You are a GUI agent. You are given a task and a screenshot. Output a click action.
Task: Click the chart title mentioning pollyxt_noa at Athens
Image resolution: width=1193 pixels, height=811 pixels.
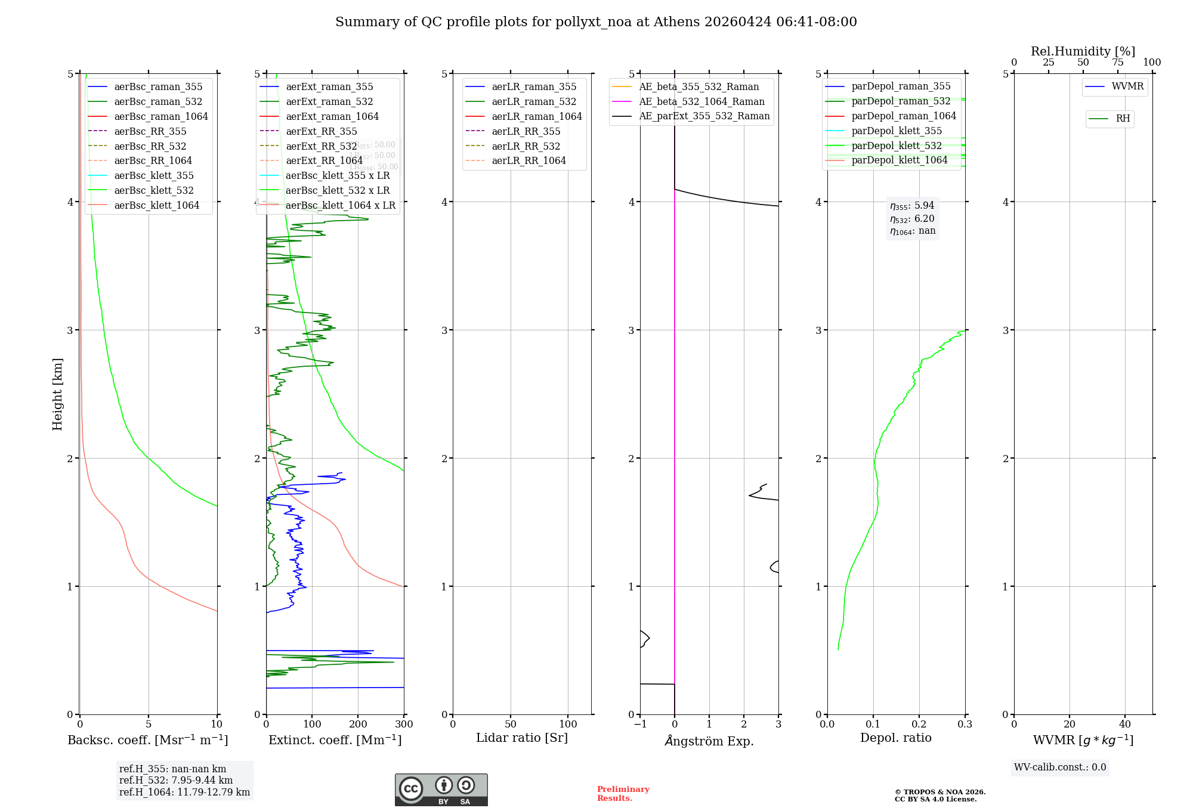tap(596, 22)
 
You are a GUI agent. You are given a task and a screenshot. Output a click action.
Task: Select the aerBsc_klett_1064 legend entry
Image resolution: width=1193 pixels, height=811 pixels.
tap(156, 205)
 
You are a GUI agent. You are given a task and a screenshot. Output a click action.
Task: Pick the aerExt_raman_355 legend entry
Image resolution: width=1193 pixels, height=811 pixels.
tap(329, 86)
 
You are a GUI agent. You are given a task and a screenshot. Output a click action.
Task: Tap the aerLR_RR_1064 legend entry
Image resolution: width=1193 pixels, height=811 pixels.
tap(528, 160)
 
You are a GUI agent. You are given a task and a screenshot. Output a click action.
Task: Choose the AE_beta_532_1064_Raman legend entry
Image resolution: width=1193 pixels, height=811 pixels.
tap(701, 101)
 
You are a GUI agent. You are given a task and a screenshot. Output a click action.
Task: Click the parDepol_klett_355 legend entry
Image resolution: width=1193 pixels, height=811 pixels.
tap(897, 131)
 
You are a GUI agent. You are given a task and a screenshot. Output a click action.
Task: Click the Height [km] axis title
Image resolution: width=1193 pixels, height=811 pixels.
tap(57, 394)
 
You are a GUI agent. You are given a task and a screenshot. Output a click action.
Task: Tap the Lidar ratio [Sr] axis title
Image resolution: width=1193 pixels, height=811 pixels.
tap(522, 738)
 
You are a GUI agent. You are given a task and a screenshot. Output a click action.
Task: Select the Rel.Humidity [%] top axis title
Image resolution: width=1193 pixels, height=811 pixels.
tap(1083, 51)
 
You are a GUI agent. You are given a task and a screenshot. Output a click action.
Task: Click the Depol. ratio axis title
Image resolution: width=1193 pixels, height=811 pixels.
tap(895, 738)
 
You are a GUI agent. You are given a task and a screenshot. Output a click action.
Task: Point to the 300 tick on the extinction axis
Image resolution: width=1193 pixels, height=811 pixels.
tap(404, 724)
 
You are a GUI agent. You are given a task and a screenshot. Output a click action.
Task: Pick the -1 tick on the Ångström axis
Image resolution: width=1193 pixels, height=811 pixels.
tap(640, 724)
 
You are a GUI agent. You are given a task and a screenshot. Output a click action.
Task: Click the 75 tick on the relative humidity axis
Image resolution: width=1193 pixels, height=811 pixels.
tap(1117, 63)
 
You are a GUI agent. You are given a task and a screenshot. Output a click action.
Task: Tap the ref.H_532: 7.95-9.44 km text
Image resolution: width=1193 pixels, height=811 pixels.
tap(176, 780)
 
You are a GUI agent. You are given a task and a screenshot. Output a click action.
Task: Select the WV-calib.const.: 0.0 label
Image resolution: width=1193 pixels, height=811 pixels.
tap(1060, 767)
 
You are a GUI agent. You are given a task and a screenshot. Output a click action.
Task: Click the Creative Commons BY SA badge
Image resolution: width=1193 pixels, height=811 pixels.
tap(441, 790)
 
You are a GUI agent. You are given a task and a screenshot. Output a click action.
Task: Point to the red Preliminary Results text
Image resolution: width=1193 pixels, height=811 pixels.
tap(623, 793)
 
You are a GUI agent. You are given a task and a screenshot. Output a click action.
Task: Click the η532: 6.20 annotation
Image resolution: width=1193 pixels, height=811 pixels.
tap(912, 219)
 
